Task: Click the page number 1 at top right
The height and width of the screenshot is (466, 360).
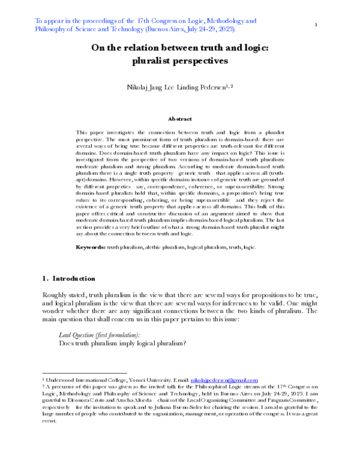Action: click(316, 25)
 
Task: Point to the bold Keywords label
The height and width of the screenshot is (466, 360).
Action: click(94, 246)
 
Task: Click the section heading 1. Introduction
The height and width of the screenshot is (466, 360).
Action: click(68, 279)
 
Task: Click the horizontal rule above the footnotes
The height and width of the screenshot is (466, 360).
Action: click(83, 373)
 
